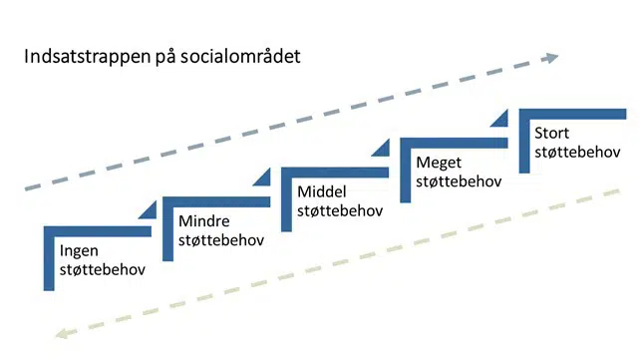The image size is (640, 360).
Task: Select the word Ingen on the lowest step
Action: tap(80, 250)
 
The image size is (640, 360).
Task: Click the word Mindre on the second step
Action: tap(203, 220)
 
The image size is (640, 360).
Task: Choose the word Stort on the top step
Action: tap(553, 133)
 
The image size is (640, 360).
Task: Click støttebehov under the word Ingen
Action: tap(103, 269)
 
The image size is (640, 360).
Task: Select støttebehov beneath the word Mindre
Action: tap(220, 239)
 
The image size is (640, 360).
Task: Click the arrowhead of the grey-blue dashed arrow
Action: tap(551, 58)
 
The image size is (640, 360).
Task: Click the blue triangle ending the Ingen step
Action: tap(149, 208)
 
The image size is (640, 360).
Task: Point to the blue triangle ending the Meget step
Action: tap(501, 121)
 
